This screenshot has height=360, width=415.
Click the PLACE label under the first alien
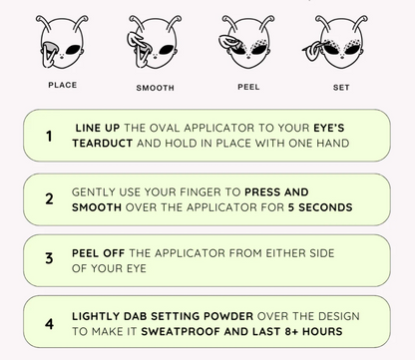(63, 85)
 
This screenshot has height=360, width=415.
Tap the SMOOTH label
(155, 88)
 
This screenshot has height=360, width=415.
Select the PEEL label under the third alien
(248, 87)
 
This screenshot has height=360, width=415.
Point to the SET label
(341, 88)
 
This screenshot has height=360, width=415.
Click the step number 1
(49, 136)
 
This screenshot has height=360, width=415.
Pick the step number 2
(49, 198)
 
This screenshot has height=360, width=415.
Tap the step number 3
(49, 258)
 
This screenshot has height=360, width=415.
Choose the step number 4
(49, 324)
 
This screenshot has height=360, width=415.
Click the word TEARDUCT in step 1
(103, 144)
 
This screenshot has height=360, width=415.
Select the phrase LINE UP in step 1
(98, 128)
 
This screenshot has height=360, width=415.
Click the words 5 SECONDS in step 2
(320, 207)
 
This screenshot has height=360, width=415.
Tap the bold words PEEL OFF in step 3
(99, 253)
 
